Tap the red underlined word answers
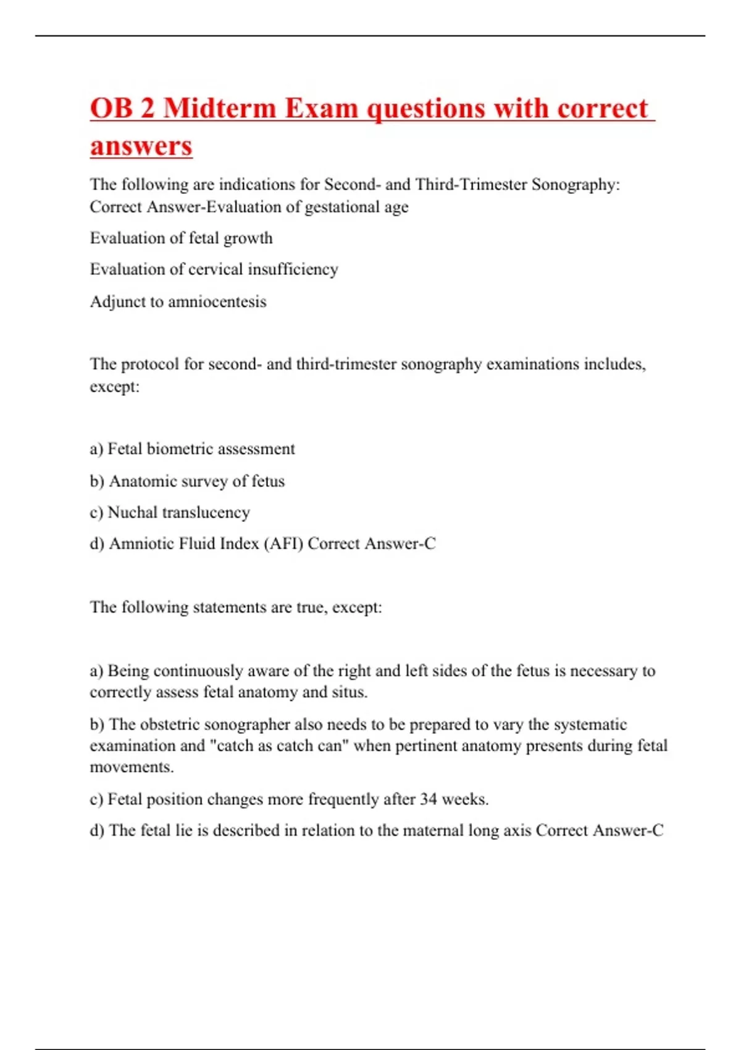point(141,146)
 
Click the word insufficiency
point(293,269)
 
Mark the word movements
point(132,767)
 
